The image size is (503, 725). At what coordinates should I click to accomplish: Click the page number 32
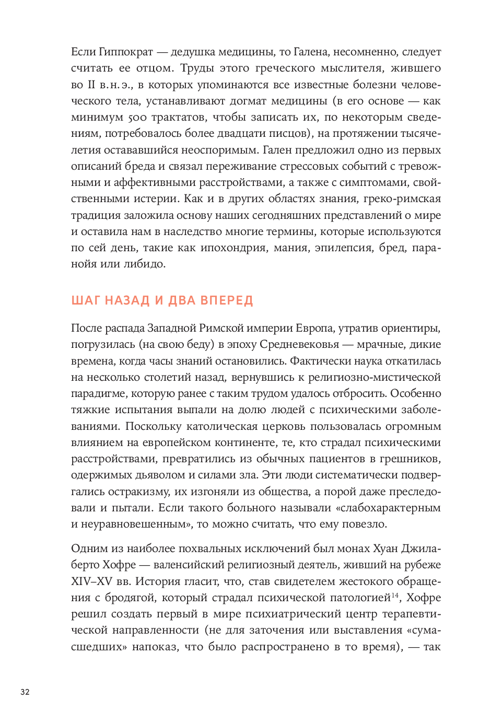click(x=25, y=692)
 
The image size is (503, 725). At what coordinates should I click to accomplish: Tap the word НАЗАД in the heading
click(x=127, y=301)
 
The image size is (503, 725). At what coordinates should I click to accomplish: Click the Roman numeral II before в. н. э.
click(x=91, y=85)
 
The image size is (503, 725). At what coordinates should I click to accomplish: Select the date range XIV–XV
click(x=92, y=581)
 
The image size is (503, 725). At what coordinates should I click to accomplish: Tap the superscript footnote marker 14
click(x=395, y=595)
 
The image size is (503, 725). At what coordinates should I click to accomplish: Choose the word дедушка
click(x=193, y=52)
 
